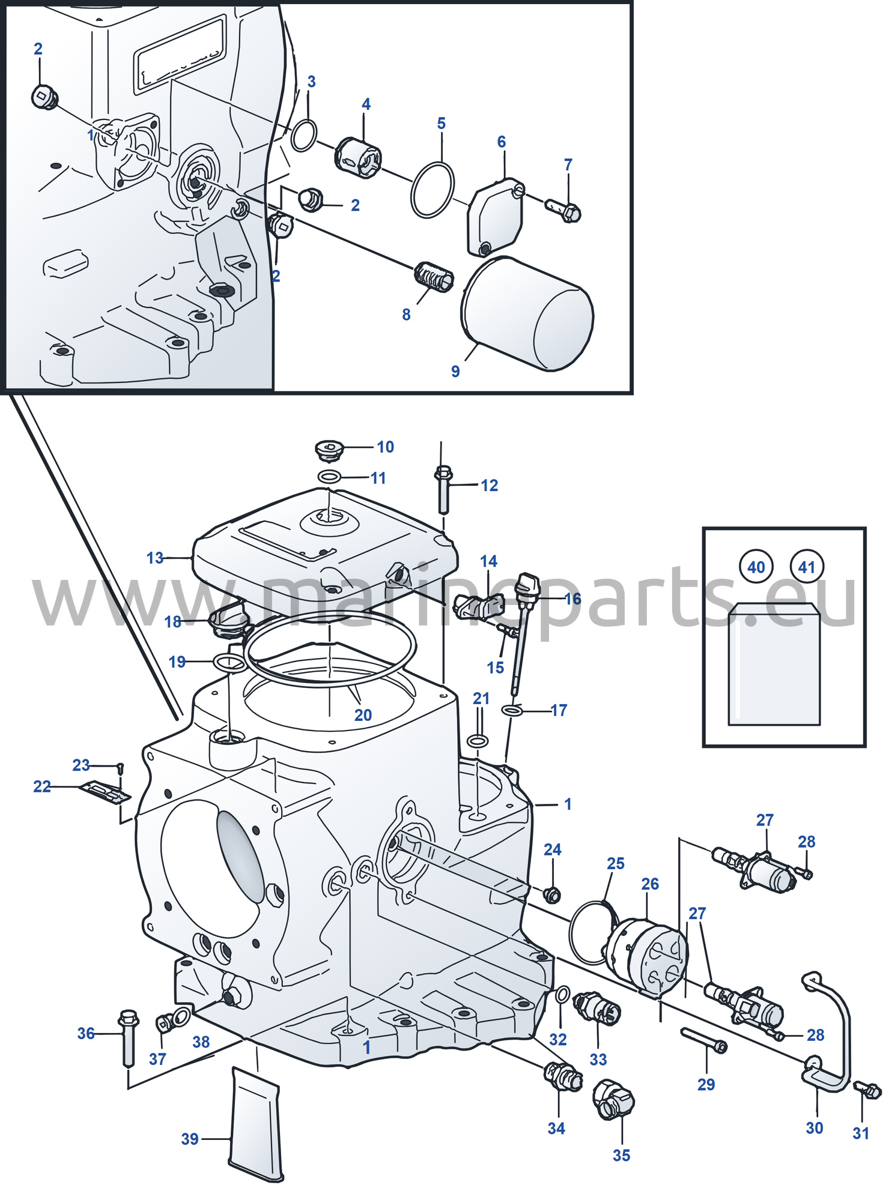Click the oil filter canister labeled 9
coord(527,313)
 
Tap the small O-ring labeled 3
coord(304,136)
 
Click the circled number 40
coord(756,567)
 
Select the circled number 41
coord(807,566)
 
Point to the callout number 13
coord(154,558)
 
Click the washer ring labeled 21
coord(478,741)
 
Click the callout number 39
coord(190,1139)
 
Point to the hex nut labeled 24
coord(551,895)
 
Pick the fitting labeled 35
coord(613,1100)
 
